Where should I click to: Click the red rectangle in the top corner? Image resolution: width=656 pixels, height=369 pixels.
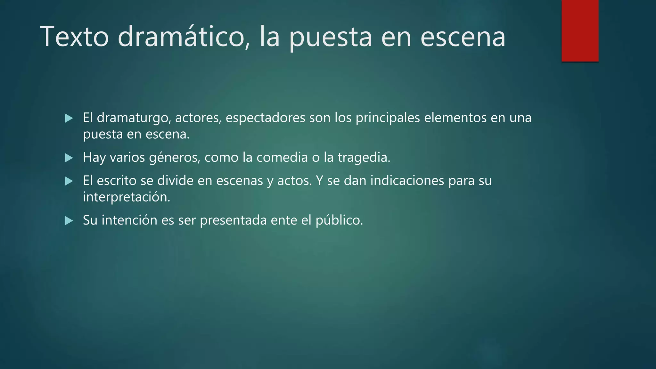point(580,30)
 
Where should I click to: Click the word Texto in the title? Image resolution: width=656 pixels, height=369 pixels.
point(75,37)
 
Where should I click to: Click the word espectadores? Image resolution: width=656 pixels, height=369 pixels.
point(265,118)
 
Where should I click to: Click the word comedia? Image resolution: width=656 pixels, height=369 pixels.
point(282,157)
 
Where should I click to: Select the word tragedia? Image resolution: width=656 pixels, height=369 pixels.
point(364,158)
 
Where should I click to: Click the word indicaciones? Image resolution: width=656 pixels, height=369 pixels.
point(407,181)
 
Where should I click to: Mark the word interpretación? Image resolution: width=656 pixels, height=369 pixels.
point(127,197)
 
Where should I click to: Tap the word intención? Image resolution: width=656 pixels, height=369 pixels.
point(129,220)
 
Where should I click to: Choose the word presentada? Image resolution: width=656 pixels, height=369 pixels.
point(233,221)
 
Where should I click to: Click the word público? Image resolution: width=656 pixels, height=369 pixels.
point(339,221)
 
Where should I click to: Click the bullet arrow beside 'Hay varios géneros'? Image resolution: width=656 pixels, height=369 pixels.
point(69,158)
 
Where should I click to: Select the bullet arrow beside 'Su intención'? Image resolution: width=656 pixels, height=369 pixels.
point(69,221)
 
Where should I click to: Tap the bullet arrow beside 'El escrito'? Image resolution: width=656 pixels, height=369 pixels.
point(69,181)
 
